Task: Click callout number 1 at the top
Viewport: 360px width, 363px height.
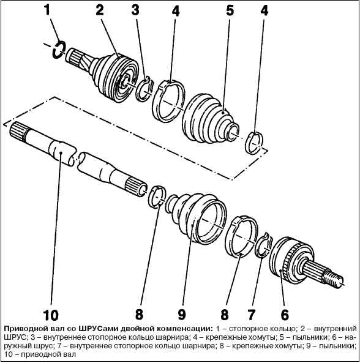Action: coord(47,10)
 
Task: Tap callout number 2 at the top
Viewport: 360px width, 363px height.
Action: coord(100,10)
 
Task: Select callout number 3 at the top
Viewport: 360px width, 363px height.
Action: coord(135,10)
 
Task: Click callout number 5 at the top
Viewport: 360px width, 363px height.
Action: coord(230,10)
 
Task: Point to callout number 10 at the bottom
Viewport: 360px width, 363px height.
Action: coord(51,315)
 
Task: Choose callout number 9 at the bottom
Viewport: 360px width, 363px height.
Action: coord(182,315)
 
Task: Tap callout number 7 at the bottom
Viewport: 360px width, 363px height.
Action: coord(251,315)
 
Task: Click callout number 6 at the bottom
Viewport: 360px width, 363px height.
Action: coord(285,315)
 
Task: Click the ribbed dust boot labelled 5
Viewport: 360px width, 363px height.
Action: coord(209,118)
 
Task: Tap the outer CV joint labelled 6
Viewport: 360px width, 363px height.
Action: coord(306,261)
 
